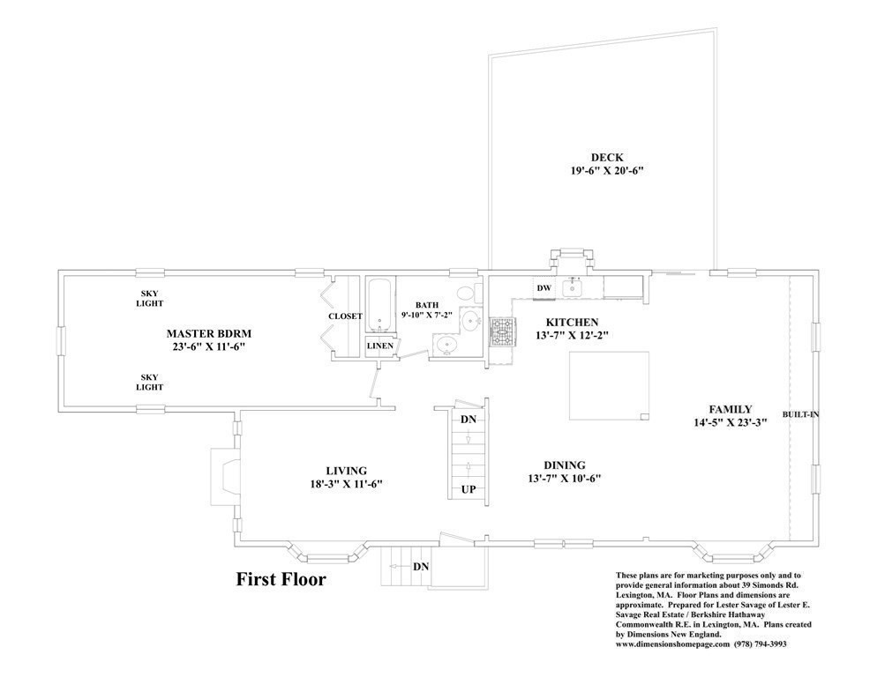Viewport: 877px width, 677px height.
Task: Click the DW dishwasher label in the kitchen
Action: tap(543, 288)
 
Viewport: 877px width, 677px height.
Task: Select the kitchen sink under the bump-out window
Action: tap(573, 288)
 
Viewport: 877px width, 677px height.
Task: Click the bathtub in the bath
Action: tap(379, 305)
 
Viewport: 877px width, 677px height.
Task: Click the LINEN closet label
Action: tap(379, 346)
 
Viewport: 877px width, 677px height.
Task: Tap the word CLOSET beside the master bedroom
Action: tap(345, 316)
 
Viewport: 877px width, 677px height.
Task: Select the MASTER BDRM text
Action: tap(208, 334)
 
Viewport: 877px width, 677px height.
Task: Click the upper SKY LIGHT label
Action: tap(150, 299)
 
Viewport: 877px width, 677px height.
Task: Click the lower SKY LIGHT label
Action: tap(150, 382)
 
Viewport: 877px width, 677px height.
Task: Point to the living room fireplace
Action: tap(225, 475)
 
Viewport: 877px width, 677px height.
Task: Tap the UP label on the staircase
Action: tap(468, 490)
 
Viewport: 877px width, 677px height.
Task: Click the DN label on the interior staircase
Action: tap(468, 420)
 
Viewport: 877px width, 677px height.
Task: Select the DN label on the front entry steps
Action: tap(421, 567)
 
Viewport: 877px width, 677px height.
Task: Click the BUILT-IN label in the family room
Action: tap(800, 415)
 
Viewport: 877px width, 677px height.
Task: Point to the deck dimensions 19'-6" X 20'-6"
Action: tap(607, 170)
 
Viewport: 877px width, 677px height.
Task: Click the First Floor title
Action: tap(281, 579)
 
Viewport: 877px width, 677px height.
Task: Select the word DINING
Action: tap(565, 465)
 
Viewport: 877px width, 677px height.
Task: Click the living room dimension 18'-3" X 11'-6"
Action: tap(346, 484)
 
